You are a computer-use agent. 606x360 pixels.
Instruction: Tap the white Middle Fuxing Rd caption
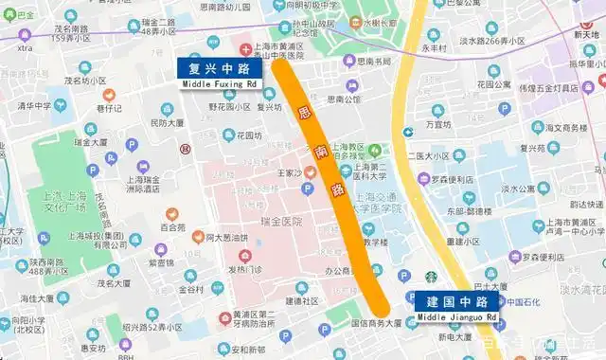[221, 84]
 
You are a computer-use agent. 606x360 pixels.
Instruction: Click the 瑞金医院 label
[283, 221]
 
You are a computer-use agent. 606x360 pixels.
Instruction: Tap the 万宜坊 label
[438, 123]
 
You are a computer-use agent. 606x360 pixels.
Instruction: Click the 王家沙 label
[282, 173]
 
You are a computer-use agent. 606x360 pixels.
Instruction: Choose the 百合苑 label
[172, 227]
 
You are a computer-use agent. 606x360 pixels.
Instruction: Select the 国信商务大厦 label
[377, 323]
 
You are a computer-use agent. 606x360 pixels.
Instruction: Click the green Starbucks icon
[432, 278]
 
